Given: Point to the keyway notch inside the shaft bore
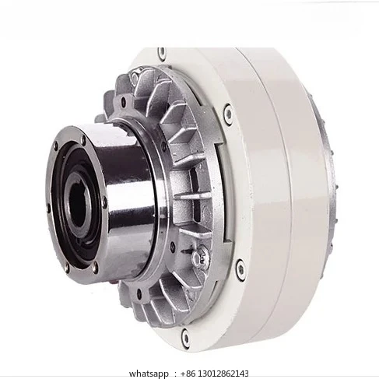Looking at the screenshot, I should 88,181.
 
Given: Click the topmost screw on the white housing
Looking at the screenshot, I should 162,54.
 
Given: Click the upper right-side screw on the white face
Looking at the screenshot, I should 227,115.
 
